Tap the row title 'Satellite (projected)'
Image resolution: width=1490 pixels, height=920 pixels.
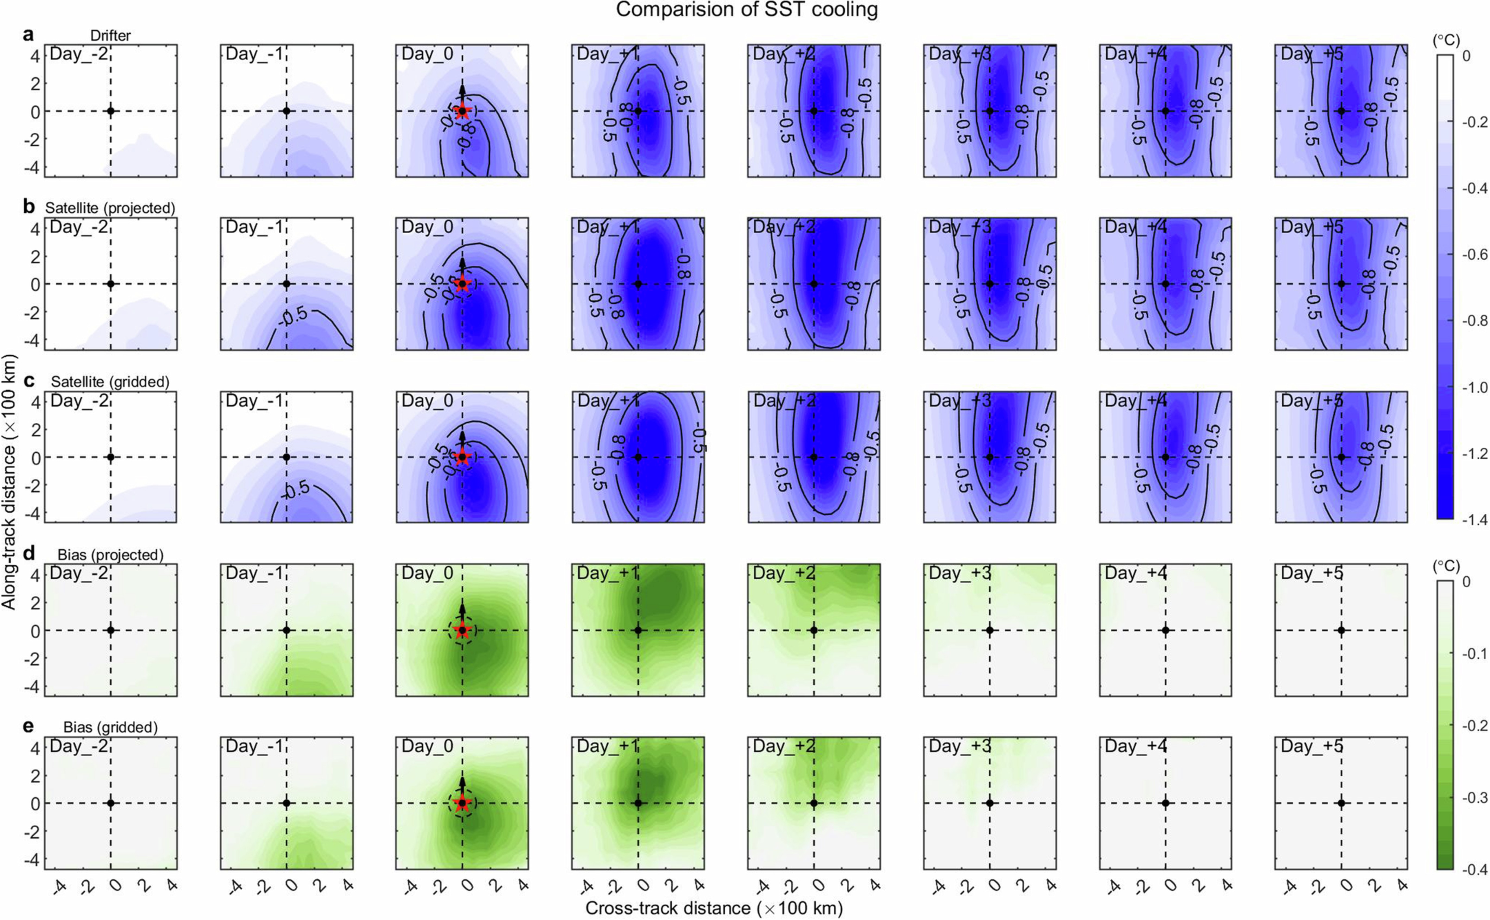(110, 208)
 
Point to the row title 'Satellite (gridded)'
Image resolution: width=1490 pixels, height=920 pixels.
(110, 381)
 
